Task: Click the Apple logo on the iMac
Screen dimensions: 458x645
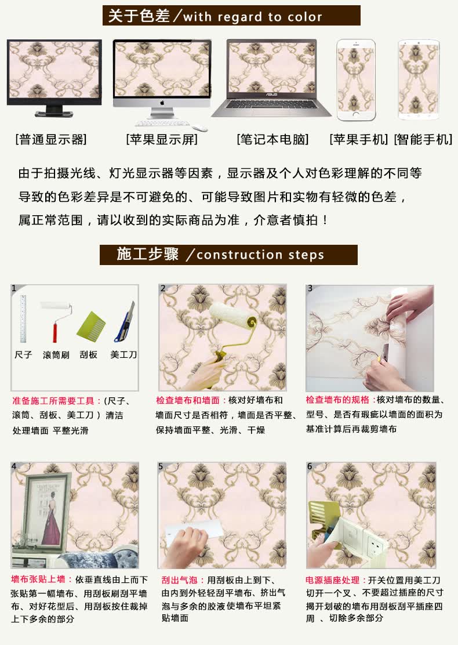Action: [x=162, y=103]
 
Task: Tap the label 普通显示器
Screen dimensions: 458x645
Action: [x=51, y=139]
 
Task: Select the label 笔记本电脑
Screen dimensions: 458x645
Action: [x=272, y=139]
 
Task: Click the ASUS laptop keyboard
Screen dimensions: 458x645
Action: [x=271, y=106]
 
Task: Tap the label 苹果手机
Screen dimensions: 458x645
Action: [x=358, y=139]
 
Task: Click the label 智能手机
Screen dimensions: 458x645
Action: [x=423, y=139]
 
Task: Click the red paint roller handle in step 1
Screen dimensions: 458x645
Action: [x=54, y=333]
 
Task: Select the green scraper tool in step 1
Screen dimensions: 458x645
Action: [x=91, y=325]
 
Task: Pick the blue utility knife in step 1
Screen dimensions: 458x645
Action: [x=125, y=322]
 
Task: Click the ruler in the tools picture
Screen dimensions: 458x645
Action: [x=23, y=319]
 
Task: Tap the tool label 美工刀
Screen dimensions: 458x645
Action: [x=123, y=354]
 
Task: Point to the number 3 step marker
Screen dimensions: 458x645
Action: [x=310, y=288]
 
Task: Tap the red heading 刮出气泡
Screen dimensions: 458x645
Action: [x=179, y=580]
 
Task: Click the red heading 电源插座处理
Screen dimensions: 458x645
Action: [x=333, y=580]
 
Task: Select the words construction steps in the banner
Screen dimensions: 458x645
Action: [x=260, y=255]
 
